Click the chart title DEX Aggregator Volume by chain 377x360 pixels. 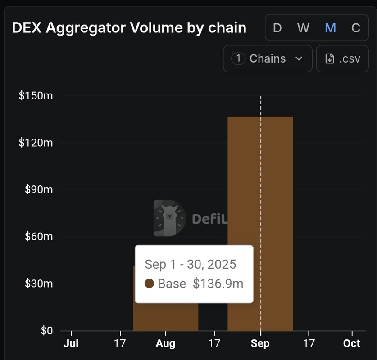pos(129,28)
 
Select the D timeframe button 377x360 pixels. pos(277,28)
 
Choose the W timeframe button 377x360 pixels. pos(303,28)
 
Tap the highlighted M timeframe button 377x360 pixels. pos(330,28)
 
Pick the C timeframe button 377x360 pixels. pos(356,28)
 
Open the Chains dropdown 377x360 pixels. pos(268,58)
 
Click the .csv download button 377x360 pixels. pos(342,58)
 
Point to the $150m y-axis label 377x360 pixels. pos(36,96)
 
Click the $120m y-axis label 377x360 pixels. pos(36,143)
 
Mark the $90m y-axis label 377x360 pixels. pos(38,189)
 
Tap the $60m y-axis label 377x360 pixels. pos(38,237)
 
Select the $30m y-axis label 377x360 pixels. pos(38,283)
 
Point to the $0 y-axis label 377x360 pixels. pos(46,331)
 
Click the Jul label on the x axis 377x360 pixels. pos(71,343)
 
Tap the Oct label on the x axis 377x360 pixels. pos(351,343)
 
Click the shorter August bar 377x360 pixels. pos(166,317)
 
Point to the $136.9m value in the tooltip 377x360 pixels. pos(218,283)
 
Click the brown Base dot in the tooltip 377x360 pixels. pos(150,283)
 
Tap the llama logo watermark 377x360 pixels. pos(169,218)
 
